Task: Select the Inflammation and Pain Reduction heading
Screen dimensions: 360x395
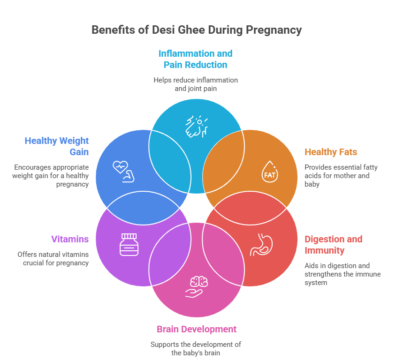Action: pyautogui.click(x=195, y=59)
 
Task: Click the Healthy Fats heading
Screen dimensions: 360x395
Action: pyautogui.click(x=331, y=152)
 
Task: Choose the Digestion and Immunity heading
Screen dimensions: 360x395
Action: pyautogui.click(x=334, y=245)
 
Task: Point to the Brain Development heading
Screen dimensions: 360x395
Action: pyautogui.click(x=197, y=329)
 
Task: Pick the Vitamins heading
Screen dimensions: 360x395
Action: pyautogui.click(x=70, y=239)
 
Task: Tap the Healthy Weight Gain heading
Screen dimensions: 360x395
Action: pyautogui.click(x=57, y=146)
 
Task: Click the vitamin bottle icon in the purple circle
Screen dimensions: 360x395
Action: pyautogui.click(x=129, y=244)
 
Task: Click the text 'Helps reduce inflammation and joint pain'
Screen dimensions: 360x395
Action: pyautogui.click(x=196, y=84)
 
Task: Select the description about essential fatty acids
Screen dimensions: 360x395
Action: pyautogui.click(x=341, y=176)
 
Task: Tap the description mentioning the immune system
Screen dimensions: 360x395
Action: pyautogui.click(x=342, y=274)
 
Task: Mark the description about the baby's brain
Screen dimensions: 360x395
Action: pyautogui.click(x=196, y=349)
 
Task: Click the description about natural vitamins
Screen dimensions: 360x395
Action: pyautogui.click(x=53, y=259)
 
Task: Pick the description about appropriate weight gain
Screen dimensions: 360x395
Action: pyautogui.click(x=51, y=176)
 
